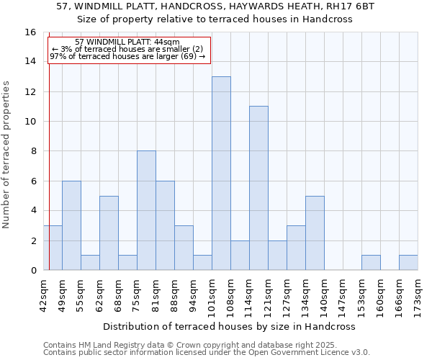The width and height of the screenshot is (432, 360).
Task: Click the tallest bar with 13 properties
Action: pyautogui.click(x=221, y=174)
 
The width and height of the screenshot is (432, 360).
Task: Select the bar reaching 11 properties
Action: pyautogui.click(x=258, y=188)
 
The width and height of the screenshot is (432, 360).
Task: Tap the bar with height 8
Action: pyautogui.click(x=146, y=210)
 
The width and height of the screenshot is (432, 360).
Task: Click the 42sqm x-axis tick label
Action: pyautogui.click(x=43, y=294)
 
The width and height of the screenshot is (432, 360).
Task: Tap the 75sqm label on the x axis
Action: pyautogui.click(x=137, y=294)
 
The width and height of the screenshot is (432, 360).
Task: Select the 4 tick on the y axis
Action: pyautogui.click(x=32, y=211)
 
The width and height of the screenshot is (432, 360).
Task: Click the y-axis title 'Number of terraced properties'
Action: pyautogui.click(x=7, y=155)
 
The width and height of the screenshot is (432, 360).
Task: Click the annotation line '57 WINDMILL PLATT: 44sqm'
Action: pyautogui.click(x=127, y=42)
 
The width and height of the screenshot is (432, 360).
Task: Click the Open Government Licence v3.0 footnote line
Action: pyautogui.click(x=207, y=352)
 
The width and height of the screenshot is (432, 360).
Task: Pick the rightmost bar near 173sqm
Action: pyautogui.click(x=408, y=263)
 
